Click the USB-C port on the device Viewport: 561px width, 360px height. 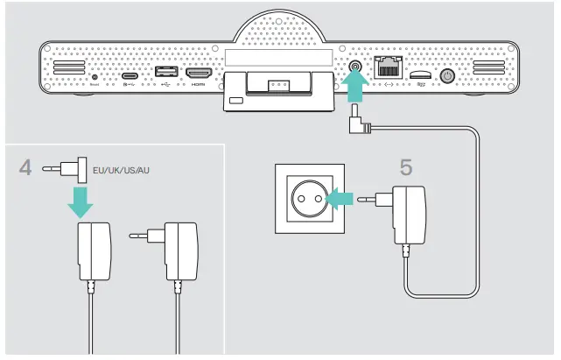pos(129,76)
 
